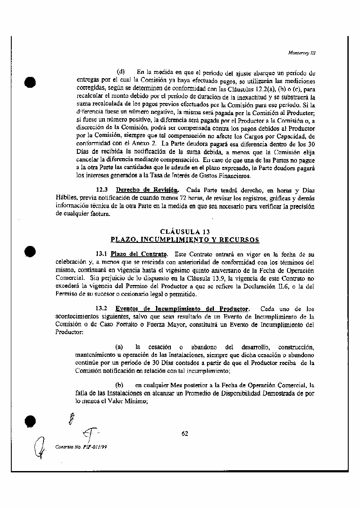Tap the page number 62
click(x=185, y=433)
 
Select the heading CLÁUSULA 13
click(x=185, y=232)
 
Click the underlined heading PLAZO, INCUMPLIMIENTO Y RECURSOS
click(x=185, y=239)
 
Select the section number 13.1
click(x=101, y=253)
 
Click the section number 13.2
click(x=101, y=309)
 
